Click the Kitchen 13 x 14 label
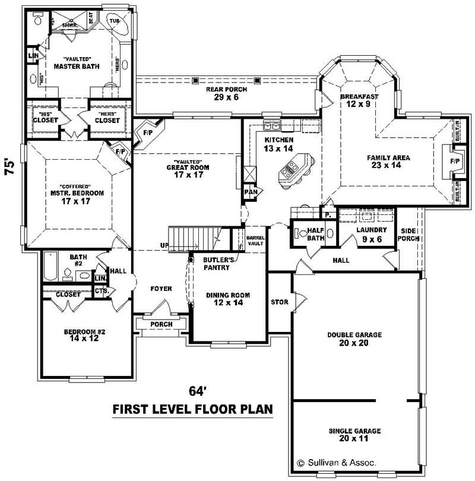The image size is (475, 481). (279, 144)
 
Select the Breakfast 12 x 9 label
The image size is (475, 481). (359, 100)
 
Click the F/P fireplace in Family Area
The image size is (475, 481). (455, 161)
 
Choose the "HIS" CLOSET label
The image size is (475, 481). (46, 117)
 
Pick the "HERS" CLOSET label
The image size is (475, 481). (107, 117)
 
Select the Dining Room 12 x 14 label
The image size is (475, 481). (227, 299)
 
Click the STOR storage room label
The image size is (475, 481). (279, 302)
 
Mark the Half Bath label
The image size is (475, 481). (314, 235)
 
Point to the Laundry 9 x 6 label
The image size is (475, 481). (372, 234)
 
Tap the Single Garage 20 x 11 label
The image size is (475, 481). (354, 435)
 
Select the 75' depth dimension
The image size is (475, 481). (9, 166)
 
